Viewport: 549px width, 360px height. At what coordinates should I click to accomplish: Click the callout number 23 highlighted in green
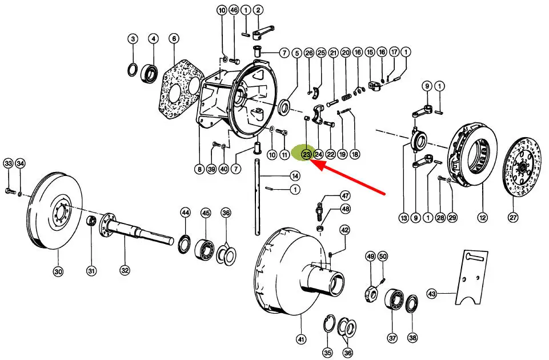point(306,154)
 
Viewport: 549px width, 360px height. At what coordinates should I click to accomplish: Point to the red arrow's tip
point(312,162)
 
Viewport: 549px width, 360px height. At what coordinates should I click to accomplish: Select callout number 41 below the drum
point(301,339)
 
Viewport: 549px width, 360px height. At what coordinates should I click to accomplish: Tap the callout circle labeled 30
point(58,272)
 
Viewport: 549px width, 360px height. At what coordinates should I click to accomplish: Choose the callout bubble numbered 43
point(432,294)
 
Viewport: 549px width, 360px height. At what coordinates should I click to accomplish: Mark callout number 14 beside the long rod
point(295,175)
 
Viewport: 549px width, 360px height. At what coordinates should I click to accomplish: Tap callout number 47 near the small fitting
point(345,195)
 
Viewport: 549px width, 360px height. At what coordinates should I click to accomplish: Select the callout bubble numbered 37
point(392,338)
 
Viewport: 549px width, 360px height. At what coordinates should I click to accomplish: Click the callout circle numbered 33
point(8,163)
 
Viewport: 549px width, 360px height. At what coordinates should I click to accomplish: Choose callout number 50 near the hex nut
point(383,257)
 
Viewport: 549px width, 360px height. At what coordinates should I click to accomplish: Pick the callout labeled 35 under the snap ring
point(327,353)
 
